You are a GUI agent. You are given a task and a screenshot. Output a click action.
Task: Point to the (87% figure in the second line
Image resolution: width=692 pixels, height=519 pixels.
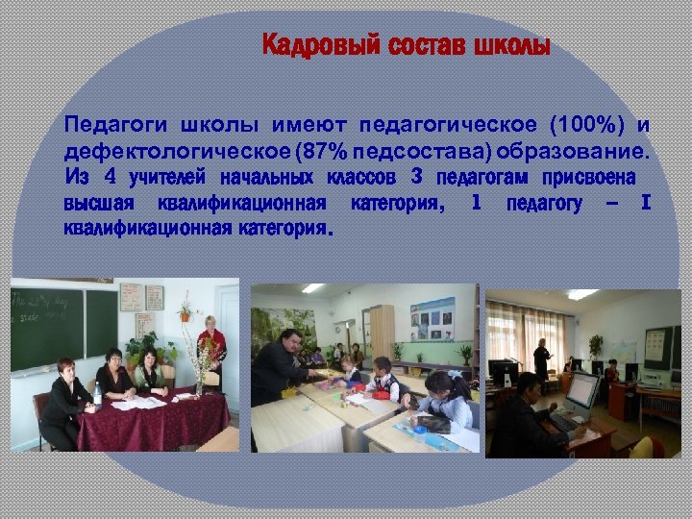coord(323,152)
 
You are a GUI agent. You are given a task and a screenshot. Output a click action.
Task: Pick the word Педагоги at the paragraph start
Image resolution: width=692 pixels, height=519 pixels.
coord(106,125)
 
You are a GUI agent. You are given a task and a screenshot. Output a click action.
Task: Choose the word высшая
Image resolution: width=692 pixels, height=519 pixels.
coord(95,204)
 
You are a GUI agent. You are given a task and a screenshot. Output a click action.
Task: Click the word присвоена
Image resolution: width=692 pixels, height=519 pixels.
coord(588,178)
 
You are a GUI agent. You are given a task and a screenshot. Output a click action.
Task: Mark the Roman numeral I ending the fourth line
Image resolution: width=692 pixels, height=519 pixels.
coord(646,203)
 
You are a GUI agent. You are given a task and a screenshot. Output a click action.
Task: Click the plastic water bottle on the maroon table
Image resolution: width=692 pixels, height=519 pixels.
coord(97,394)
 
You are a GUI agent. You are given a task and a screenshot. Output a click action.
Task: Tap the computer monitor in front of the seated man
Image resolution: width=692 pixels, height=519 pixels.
coord(582,389)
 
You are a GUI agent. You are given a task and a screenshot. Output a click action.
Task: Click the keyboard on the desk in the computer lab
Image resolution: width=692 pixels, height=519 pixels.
coord(563,422)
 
